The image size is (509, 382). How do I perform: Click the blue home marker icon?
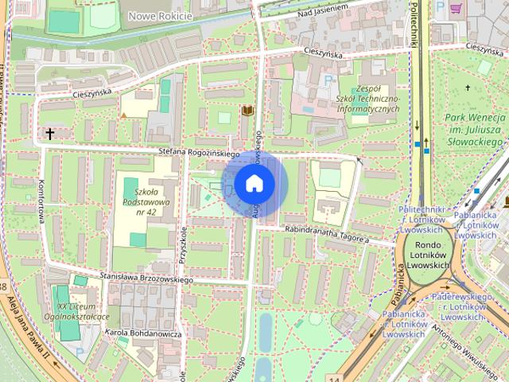[x=254, y=184]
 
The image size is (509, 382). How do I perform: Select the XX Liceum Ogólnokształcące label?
[x=83, y=311]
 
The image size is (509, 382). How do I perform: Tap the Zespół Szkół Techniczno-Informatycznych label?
[x=367, y=98]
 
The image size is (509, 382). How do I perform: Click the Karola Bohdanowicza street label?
[x=143, y=333]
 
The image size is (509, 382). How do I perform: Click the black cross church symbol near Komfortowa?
[x=50, y=134]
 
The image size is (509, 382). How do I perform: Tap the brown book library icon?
[x=247, y=110]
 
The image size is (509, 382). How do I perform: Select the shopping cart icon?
[x=457, y=8]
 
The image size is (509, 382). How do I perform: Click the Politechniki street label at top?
[x=415, y=24]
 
